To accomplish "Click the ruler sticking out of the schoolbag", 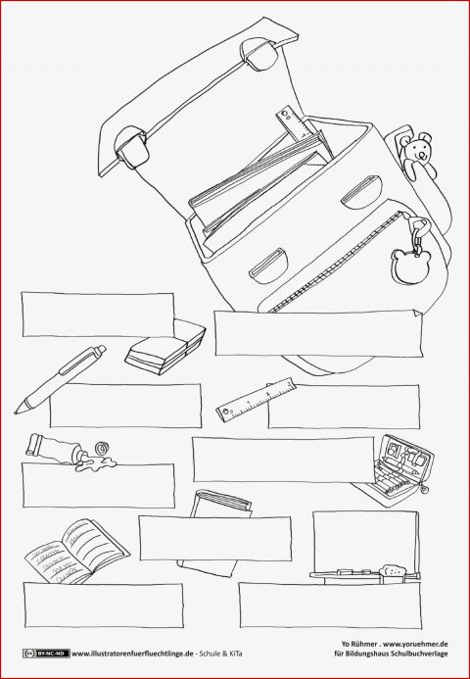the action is [x=293, y=123].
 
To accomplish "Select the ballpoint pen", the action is [x=60, y=380].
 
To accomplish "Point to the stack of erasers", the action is [x=165, y=347].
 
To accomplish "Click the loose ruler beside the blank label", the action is [x=257, y=398].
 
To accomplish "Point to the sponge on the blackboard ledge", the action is [x=392, y=570].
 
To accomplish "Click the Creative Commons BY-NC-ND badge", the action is [x=46, y=654].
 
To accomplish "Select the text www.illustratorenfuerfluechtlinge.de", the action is [x=132, y=654].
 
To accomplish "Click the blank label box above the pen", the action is [x=98, y=315].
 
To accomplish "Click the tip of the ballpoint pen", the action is [x=16, y=412].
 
